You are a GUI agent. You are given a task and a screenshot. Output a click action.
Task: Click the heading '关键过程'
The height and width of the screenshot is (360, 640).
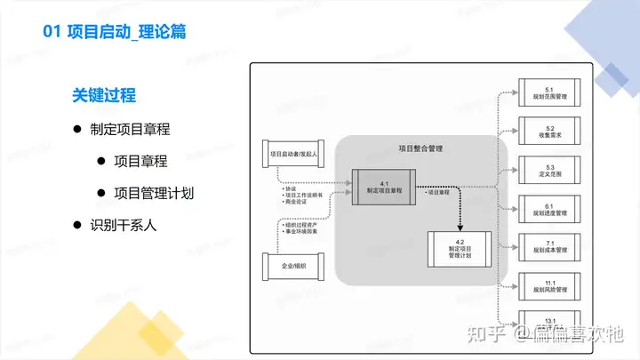pos(104,95)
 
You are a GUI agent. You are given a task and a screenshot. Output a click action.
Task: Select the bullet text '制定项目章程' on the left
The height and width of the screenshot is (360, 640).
pos(130,129)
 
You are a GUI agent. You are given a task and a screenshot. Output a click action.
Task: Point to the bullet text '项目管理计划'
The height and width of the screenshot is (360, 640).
pos(154,193)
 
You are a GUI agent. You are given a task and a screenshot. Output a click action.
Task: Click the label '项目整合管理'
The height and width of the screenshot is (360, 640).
pos(420,148)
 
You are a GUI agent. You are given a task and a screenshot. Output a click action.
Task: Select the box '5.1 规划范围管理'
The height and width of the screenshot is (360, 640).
pos(549,94)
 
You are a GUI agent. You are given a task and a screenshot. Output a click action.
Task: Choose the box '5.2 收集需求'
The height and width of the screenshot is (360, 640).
pos(549,132)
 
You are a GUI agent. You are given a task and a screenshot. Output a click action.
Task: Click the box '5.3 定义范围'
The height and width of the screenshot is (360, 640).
pos(549,171)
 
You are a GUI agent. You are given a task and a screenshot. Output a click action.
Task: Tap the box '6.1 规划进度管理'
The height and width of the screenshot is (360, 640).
pos(549,209)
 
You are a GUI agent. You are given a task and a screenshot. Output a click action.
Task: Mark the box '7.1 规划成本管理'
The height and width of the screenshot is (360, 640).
pos(549,246)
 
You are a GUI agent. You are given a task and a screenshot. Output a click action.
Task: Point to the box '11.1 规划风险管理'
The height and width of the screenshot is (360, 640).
pos(549,284)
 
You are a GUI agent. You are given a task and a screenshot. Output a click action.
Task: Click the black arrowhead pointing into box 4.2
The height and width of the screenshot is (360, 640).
pos(459,226)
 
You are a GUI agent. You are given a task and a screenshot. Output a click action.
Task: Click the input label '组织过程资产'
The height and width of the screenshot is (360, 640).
pos(300,225)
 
